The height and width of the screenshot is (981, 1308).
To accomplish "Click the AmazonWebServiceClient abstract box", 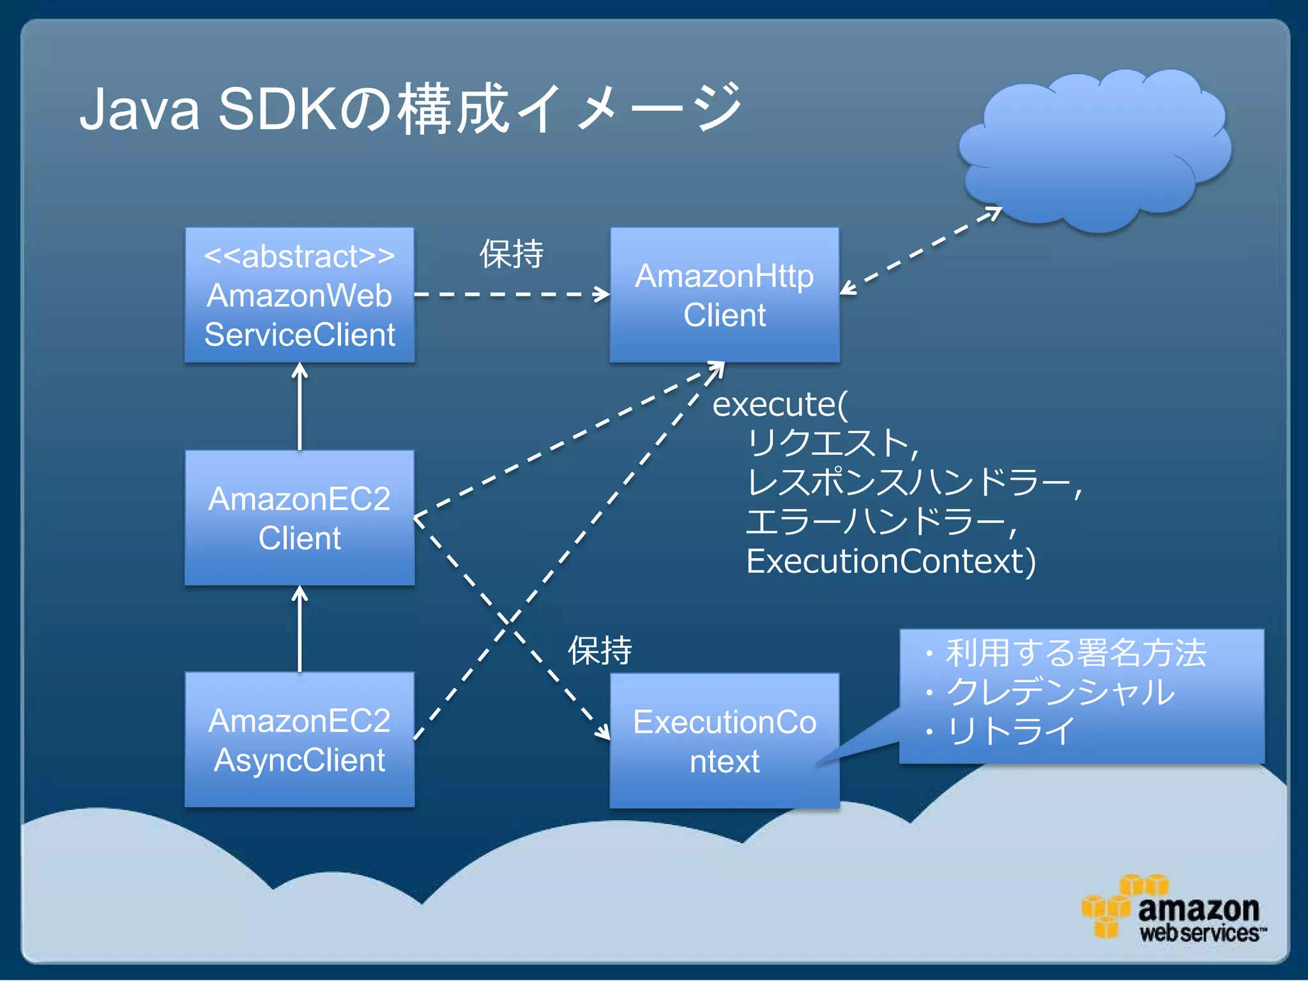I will click(x=300, y=295).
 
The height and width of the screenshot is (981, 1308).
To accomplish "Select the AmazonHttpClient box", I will click(x=724, y=295).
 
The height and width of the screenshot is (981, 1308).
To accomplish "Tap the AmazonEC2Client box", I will click(x=300, y=518).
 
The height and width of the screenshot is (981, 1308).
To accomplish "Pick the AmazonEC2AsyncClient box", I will click(x=300, y=740).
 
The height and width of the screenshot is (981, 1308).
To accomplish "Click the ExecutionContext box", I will click(x=724, y=741).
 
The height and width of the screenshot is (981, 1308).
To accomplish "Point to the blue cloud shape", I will click(x=1095, y=150).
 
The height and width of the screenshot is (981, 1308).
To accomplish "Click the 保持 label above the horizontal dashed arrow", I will click(x=512, y=254).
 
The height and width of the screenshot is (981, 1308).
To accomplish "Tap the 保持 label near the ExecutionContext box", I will click(x=600, y=651).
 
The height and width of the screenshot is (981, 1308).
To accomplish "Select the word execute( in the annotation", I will click(x=779, y=404).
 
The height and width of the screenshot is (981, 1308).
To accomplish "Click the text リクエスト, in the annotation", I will click(x=832, y=443).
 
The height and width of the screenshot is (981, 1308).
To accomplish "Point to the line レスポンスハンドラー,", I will click(x=913, y=483).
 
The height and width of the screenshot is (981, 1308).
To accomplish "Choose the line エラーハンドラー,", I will click(x=881, y=522).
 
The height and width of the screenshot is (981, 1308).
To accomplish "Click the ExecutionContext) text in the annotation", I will click(x=891, y=561).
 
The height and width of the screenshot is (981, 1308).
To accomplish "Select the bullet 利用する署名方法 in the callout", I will click(x=1076, y=653).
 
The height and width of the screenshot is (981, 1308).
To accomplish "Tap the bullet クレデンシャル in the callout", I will click(x=1060, y=692).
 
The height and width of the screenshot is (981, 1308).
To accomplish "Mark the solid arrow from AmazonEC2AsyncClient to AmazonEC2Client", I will click(x=300, y=629).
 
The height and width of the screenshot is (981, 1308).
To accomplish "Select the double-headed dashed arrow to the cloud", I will click(x=920, y=251).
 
